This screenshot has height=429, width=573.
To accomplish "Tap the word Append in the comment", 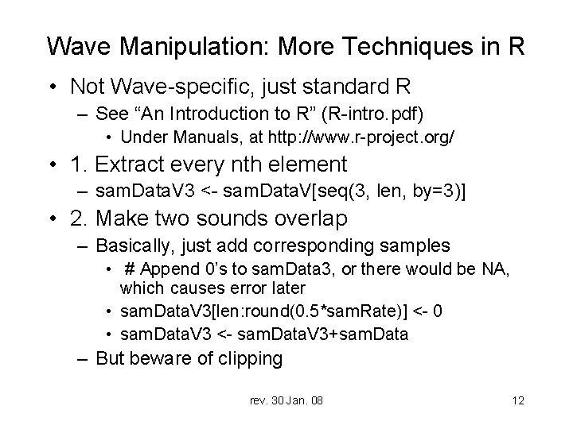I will click(166, 270).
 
